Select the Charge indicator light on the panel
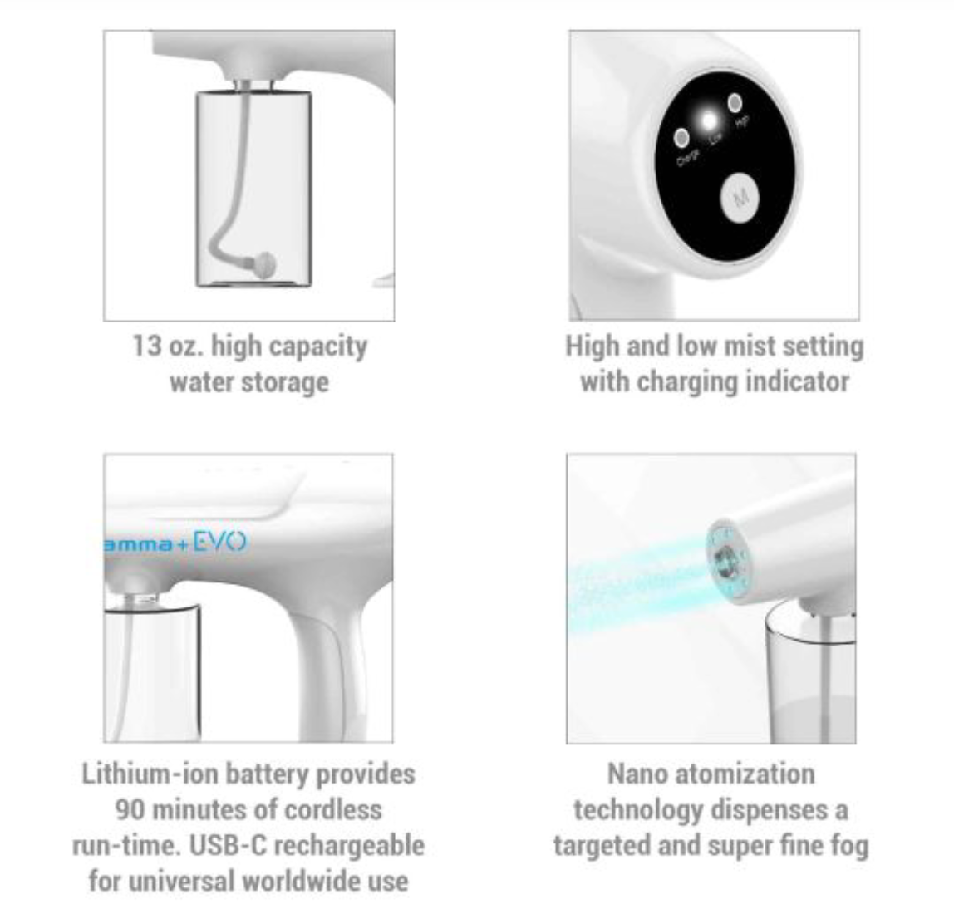click(x=681, y=136)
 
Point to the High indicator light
click(x=735, y=103)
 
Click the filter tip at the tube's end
click(x=265, y=264)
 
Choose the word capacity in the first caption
click(x=319, y=346)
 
